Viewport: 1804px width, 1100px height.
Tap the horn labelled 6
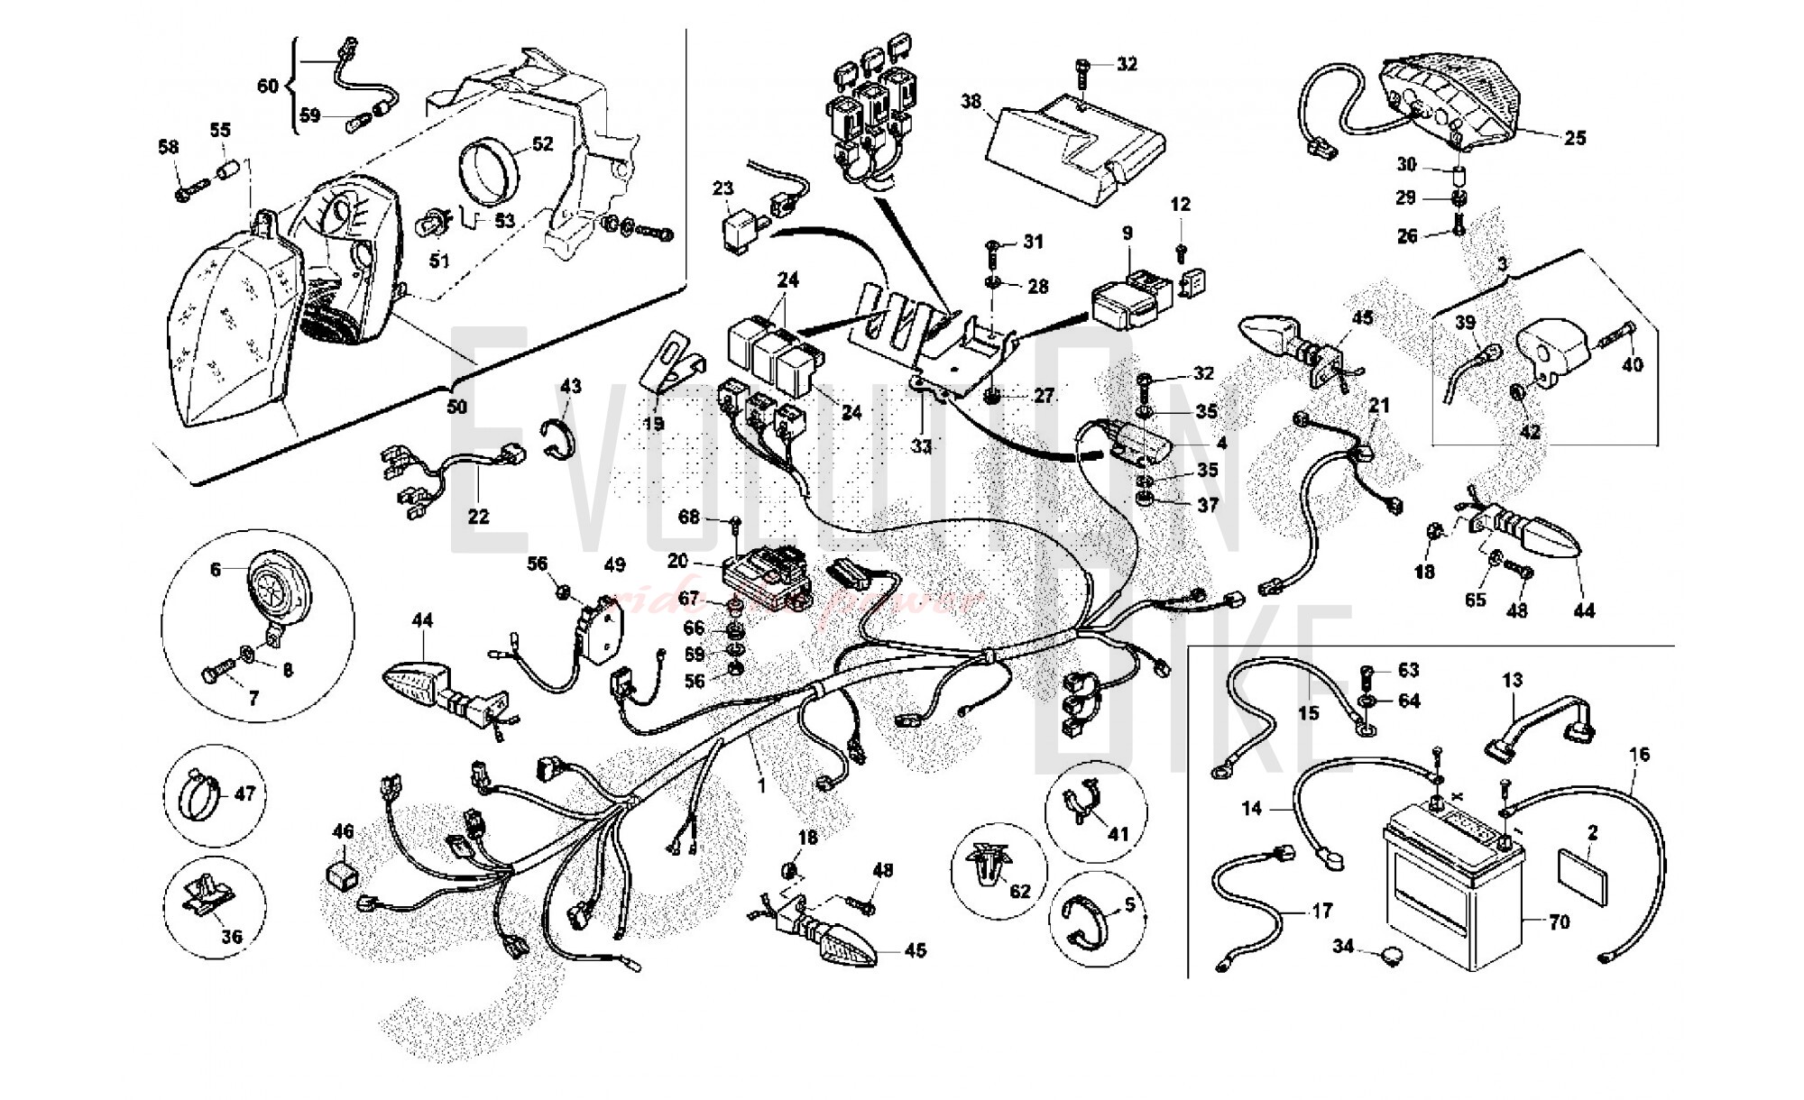click(276, 586)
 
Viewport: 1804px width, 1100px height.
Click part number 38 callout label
click(971, 102)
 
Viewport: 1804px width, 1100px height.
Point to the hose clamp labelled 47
click(205, 795)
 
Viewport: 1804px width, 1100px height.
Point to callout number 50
click(457, 407)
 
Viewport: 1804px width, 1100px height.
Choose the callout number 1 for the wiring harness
click(761, 786)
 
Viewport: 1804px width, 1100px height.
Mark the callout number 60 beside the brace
click(268, 86)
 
